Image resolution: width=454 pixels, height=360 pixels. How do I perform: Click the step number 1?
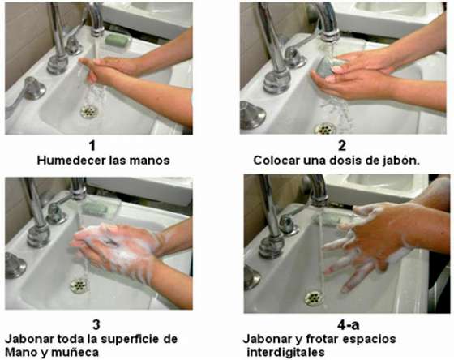(x=92, y=145)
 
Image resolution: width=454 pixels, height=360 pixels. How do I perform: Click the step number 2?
(x=342, y=145)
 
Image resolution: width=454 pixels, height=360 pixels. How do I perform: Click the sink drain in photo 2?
(x=326, y=127)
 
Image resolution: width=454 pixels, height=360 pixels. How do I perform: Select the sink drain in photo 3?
(x=79, y=285)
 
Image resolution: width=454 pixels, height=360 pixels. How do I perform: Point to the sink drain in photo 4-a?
(x=313, y=298)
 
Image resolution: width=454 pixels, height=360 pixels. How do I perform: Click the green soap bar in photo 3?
(x=96, y=208)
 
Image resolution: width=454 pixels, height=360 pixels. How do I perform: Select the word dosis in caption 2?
(x=353, y=160)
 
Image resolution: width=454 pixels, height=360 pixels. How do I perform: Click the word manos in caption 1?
(x=151, y=160)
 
